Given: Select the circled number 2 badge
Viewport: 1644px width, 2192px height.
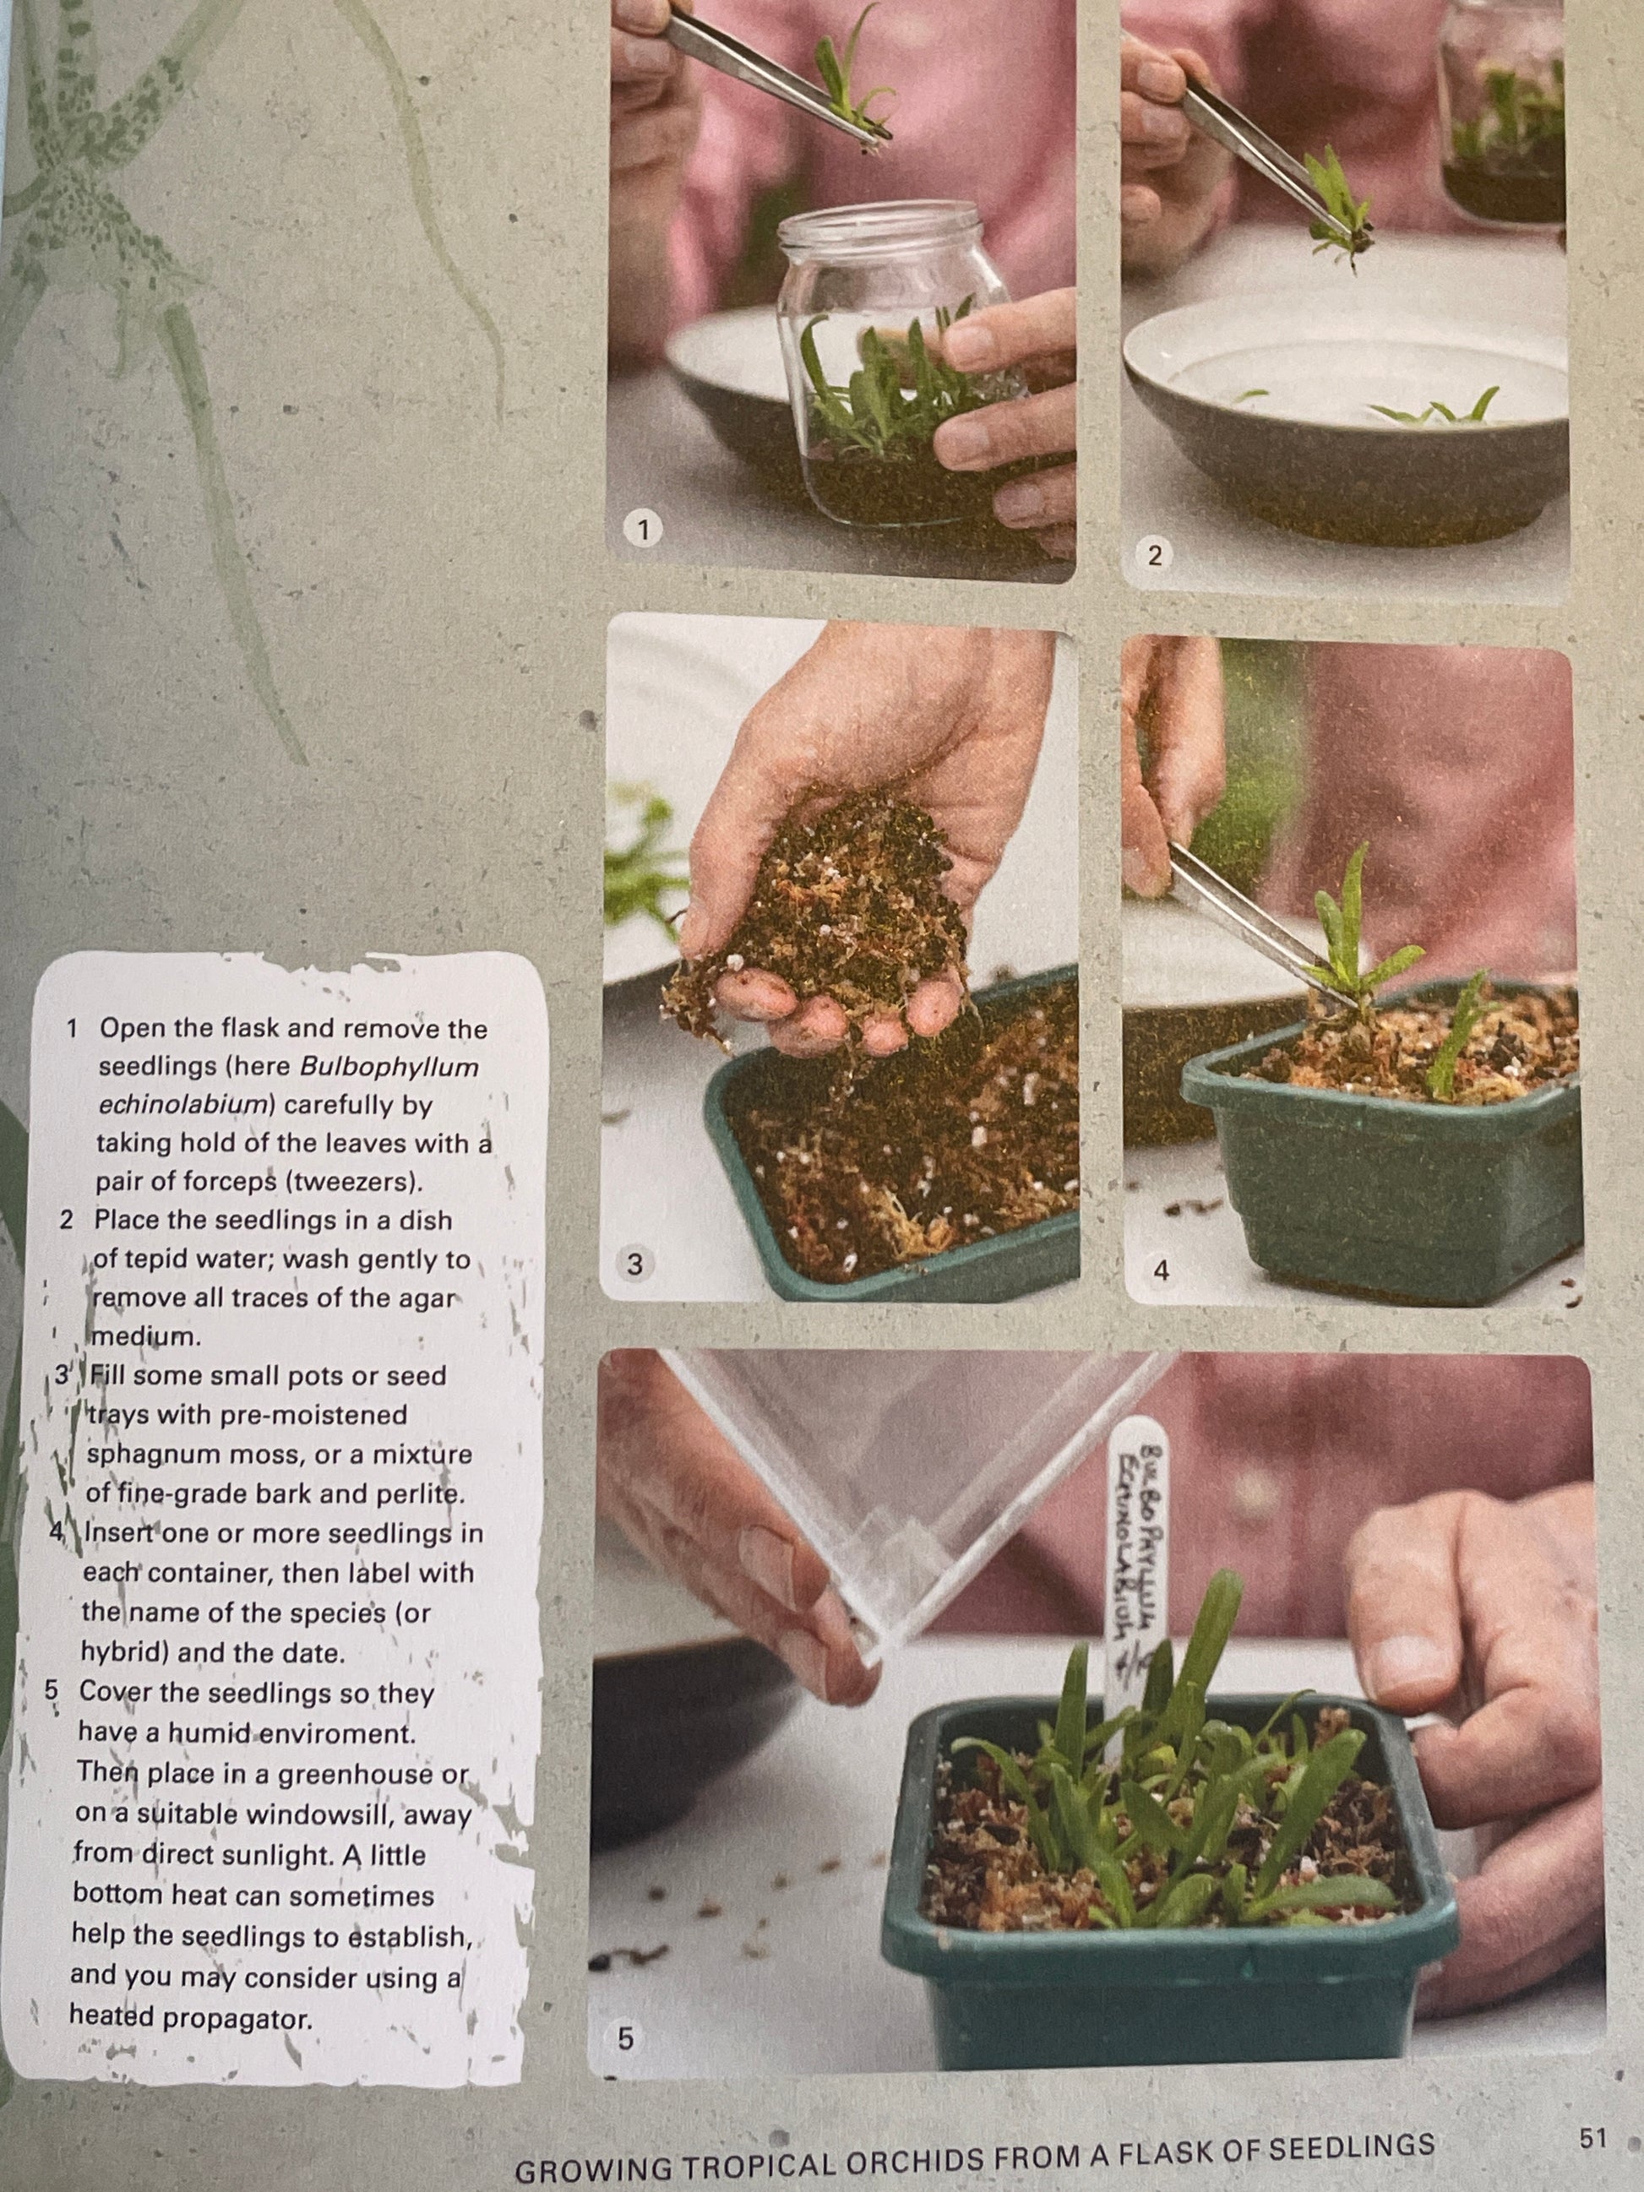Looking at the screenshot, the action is (x=1153, y=556).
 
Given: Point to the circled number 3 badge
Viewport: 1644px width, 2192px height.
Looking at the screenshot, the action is (x=635, y=1264).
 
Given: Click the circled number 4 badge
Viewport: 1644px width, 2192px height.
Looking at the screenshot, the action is (x=1161, y=1270).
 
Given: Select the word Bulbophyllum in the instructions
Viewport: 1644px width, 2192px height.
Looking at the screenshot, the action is (x=389, y=1067).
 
